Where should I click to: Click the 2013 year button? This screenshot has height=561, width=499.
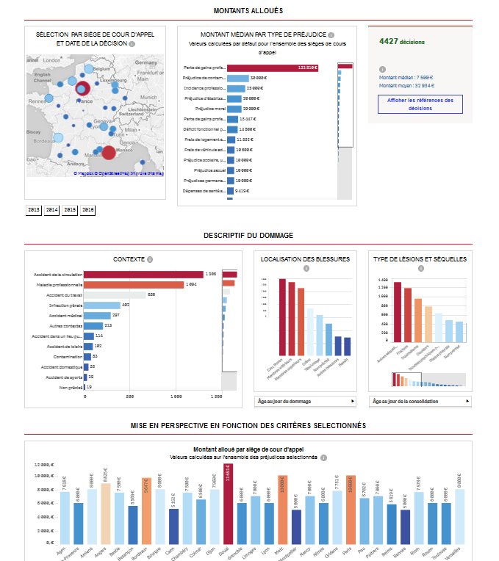point(34,210)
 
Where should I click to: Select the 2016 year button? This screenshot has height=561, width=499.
point(88,210)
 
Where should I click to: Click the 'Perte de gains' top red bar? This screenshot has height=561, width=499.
point(273,68)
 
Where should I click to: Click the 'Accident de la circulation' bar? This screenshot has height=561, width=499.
point(144,275)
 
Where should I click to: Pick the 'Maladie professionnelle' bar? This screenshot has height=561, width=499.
point(132,285)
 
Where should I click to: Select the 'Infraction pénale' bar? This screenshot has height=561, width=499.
point(102,305)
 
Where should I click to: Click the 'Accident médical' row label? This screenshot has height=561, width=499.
point(63,315)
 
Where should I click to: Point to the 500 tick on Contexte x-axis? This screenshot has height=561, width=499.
point(129,396)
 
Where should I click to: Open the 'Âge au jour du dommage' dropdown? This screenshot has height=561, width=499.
point(305,402)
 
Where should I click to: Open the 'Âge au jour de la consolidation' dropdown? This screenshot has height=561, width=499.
point(420,402)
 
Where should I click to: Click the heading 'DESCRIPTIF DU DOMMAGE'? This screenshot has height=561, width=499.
point(248,235)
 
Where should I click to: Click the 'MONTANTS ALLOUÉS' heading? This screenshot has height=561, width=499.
point(248,10)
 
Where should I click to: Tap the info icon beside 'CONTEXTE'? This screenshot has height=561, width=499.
point(150,259)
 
